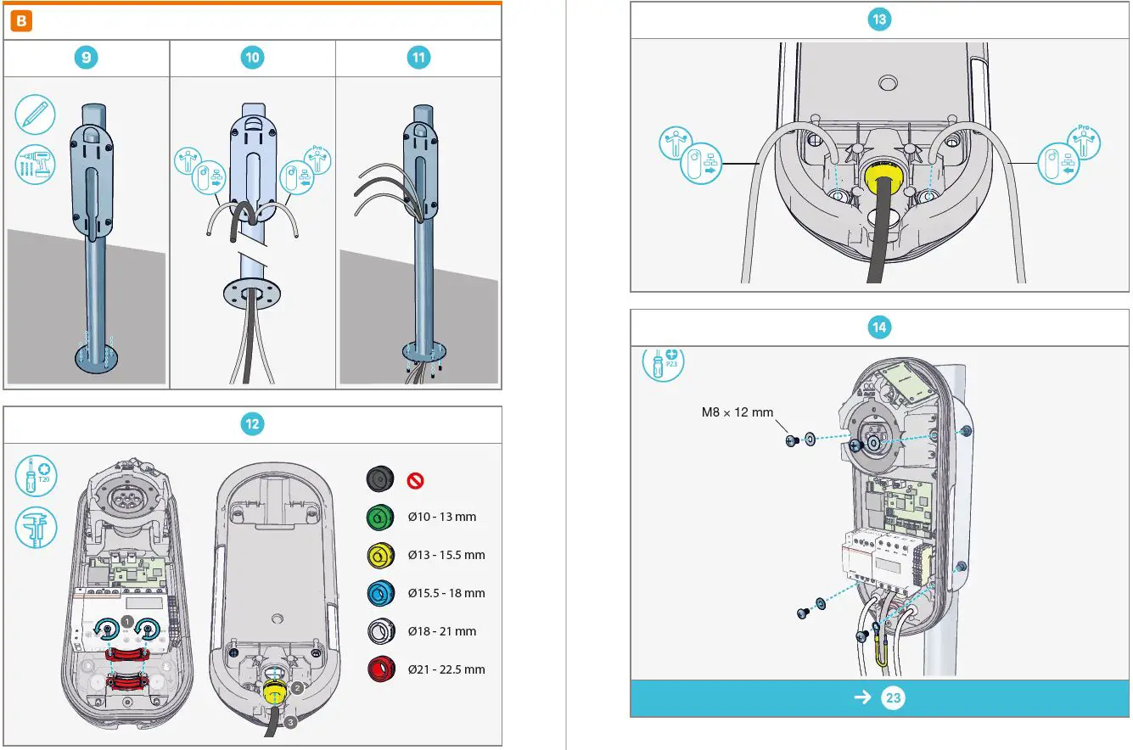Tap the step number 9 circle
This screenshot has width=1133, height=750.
click(x=86, y=58)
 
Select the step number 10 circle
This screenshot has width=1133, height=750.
click(x=252, y=58)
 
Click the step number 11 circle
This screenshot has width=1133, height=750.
click(x=418, y=58)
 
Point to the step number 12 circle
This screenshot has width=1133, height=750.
click(x=252, y=423)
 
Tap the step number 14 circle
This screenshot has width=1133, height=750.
click(x=879, y=327)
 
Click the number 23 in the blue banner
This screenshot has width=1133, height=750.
click(x=893, y=698)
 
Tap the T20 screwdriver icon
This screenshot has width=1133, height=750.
click(x=36, y=478)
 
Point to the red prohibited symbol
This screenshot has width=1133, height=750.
click(x=416, y=480)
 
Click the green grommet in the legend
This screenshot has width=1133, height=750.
click(x=379, y=517)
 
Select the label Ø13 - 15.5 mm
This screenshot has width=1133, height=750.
click(x=446, y=555)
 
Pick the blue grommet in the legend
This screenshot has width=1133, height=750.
click(x=379, y=593)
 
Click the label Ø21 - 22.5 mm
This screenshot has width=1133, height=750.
click(x=446, y=669)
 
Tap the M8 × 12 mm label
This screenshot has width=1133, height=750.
click(x=737, y=412)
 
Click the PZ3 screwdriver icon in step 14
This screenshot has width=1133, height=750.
click(x=664, y=361)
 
